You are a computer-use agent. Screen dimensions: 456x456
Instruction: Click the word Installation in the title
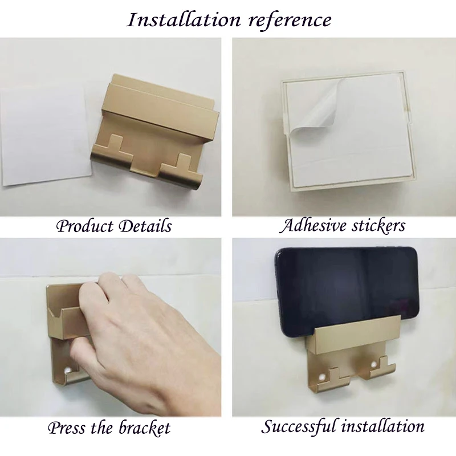[184, 20]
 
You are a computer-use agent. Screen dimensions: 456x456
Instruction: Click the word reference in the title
[290, 21]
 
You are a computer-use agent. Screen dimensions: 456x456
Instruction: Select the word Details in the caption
[145, 226]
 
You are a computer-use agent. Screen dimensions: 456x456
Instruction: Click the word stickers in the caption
[378, 226]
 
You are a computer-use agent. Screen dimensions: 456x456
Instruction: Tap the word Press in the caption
[67, 427]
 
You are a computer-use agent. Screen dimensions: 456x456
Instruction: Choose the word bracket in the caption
[144, 427]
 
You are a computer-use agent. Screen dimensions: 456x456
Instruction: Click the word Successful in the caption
[300, 427]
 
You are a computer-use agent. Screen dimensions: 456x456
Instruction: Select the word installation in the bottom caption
[382, 426]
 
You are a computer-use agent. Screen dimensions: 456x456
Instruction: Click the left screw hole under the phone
[321, 377]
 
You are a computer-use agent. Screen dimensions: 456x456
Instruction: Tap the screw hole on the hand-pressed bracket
[68, 370]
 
